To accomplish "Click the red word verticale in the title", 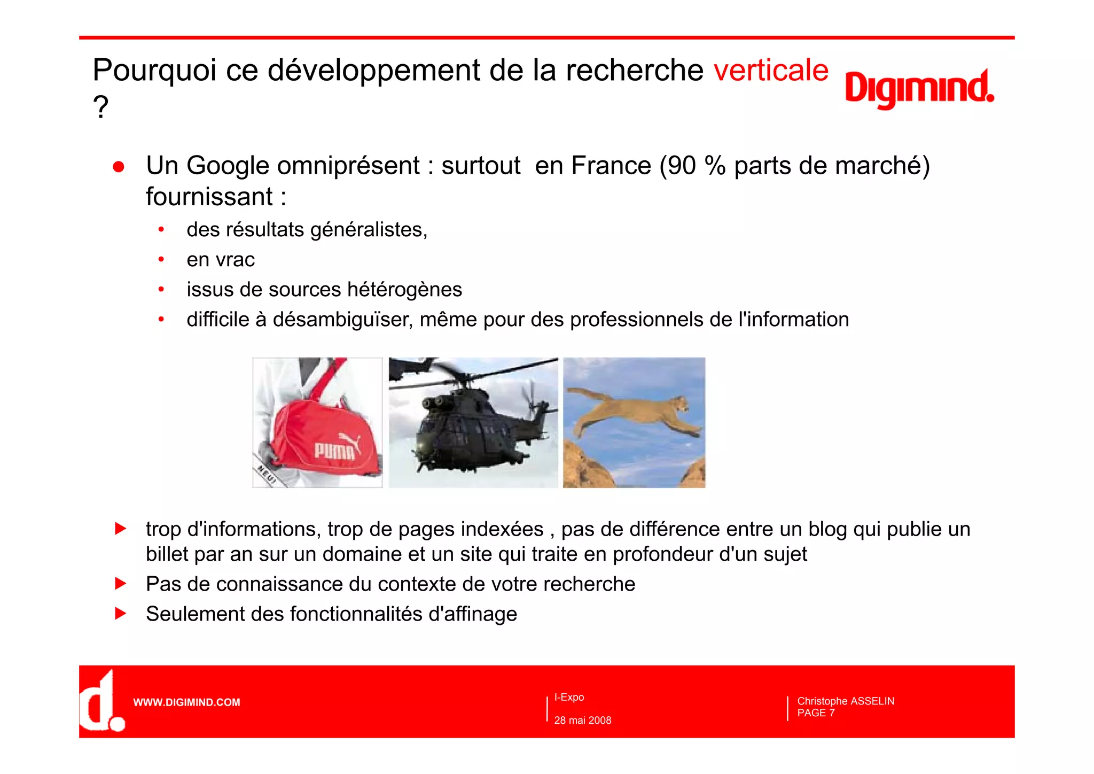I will point(771,70).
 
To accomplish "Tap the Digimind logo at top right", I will point(919,89).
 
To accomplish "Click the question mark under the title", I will point(100,107).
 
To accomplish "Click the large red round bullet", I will point(119,167).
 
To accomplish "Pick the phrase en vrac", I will point(221,260).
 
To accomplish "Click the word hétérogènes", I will point(404,290).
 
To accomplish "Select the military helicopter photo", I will point(473,422).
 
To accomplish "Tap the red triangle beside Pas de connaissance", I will point(121,583).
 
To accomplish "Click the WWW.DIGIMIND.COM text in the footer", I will point(186,702).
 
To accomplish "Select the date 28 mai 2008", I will point(582,721).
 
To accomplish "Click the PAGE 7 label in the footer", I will point(816,713).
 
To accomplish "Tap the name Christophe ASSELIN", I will point(845,701).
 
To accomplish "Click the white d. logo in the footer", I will point(101,702).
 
